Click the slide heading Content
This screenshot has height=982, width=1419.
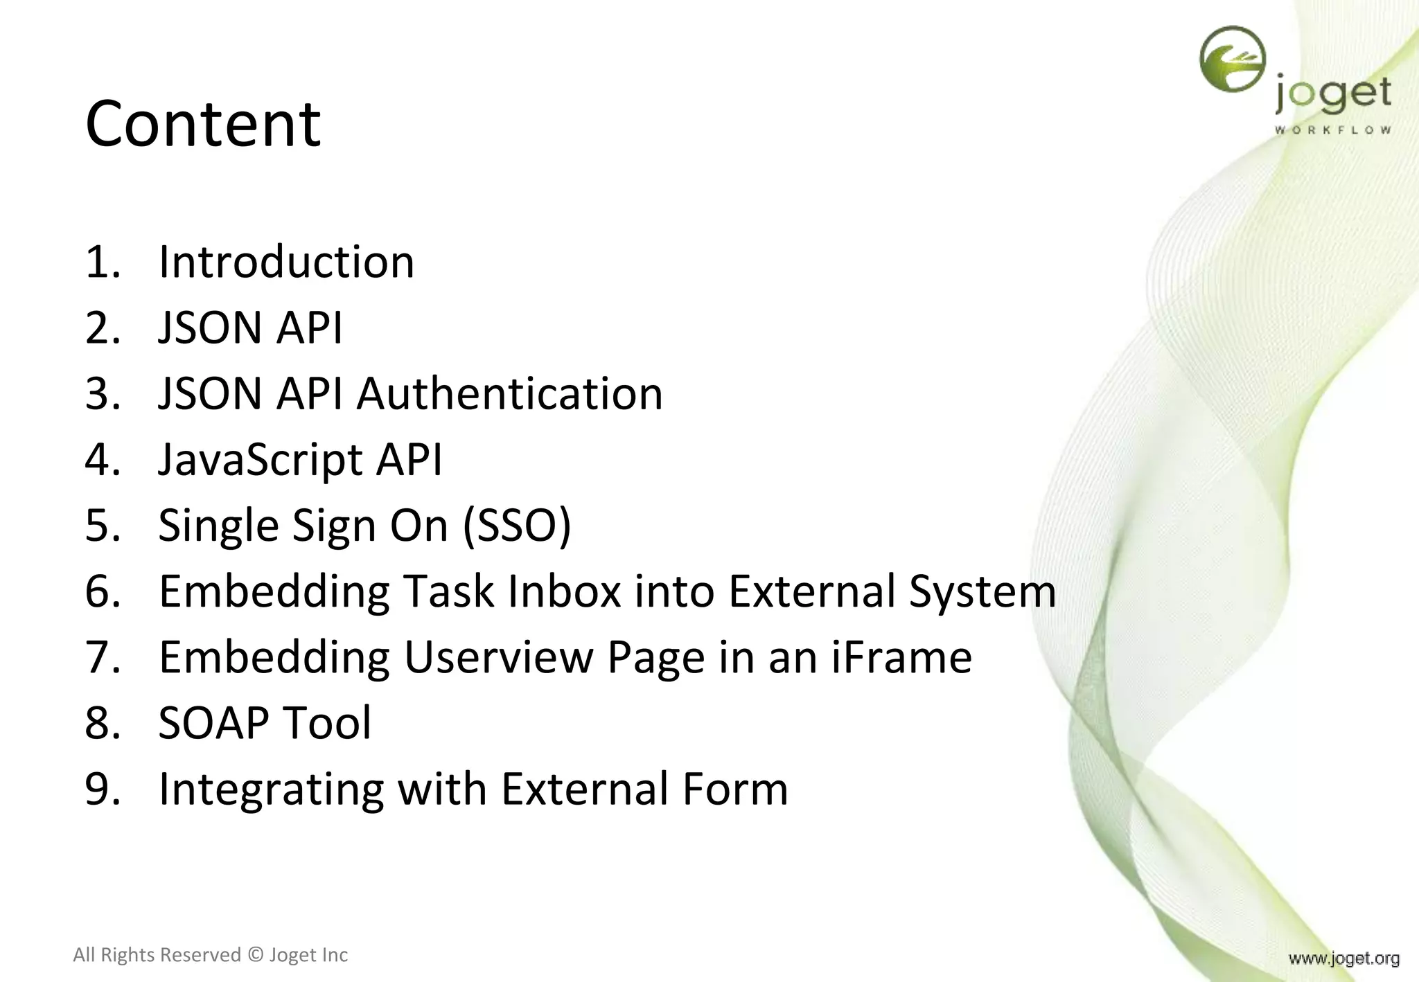[202, 124]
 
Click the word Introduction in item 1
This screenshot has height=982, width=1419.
[286, 262]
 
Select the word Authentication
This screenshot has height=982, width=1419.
[510, 394]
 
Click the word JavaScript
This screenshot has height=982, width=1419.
[261, 460]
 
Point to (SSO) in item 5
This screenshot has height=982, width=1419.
[517, 526]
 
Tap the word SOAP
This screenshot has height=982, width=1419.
[213, 723]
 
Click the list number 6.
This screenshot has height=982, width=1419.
[102, 591]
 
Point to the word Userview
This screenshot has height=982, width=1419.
[498, 657]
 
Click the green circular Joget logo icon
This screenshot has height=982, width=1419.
[1232, 59]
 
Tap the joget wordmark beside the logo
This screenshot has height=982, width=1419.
[1333, 94]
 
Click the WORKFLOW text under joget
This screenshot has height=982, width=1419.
[1332, 130]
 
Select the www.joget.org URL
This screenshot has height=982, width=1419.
[1343, 958]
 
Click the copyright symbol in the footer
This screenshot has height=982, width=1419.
[256, 955]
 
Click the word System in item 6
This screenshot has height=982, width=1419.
[982, 591]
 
